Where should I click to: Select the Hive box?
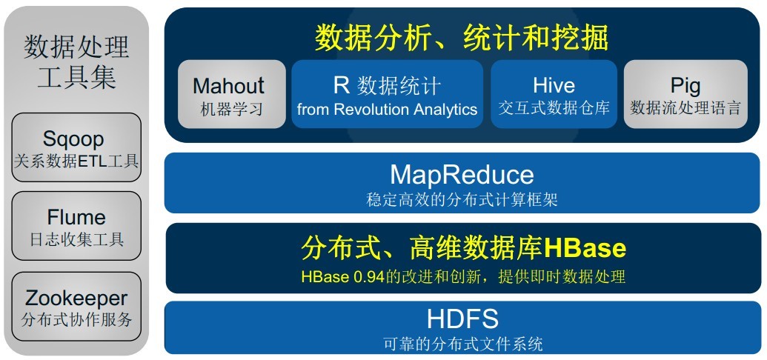click(554, 94)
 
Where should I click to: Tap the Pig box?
click(685, 94)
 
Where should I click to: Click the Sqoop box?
click(76, 147)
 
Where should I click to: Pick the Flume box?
click(76, 226)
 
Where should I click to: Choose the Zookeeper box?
click(76, 307)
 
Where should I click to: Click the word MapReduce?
click(462, 175)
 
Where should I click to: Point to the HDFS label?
click(462, 319)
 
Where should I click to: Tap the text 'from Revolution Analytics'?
click(387, 110)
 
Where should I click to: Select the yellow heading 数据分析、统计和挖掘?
click(462, 36)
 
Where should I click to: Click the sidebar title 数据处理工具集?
click(76, 61)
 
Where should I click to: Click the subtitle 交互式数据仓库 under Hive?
click(554, 108)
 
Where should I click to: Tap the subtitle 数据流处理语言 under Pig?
click(685, 108)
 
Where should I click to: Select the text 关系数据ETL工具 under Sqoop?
click(76, 161)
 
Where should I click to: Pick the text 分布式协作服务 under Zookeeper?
click(76, 320)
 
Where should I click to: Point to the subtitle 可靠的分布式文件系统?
click(462, 344)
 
